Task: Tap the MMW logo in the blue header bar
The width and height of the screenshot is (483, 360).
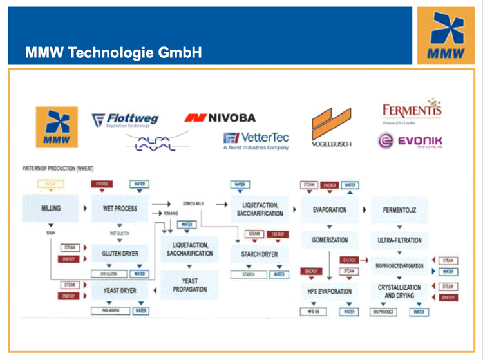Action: (441, 36)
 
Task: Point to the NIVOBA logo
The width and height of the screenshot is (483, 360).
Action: (220, 118)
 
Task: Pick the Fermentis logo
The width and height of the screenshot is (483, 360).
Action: (412, 111)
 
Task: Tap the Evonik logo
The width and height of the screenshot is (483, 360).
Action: (410, 140)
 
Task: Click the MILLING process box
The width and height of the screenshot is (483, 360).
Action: (50, 209)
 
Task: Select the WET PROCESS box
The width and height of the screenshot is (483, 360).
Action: (120, 209)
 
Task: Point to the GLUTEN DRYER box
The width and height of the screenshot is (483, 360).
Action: (120, 254)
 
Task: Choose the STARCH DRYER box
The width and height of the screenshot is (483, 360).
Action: (260, 254)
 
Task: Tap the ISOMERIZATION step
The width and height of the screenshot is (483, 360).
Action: (329, 240)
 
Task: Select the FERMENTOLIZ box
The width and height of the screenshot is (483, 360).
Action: (399, 209)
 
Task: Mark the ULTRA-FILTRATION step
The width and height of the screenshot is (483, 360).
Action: (399, 240)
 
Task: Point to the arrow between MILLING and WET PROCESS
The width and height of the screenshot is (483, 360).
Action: (85, 209)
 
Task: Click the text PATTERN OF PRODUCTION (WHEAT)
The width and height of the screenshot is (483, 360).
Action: (58, 169)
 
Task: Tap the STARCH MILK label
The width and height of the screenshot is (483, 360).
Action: (193, 204)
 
